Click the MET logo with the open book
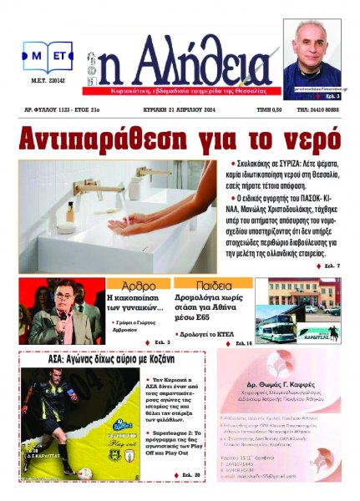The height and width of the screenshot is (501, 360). coord(48,58)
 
